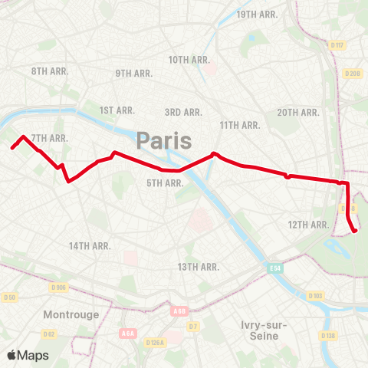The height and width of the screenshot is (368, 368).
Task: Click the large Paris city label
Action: [x=164, y=141]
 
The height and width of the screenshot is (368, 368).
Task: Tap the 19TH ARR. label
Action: [x=257, y=15]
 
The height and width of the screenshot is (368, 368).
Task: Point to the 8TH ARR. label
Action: [x=51, y=71]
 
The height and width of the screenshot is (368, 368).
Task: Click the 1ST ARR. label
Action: [x=118, y=111]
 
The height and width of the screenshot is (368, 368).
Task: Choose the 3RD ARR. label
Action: [x=183, y=112]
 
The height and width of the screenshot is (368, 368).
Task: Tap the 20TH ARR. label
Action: [x=298, y=112]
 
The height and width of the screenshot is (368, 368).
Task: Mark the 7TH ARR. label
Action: [x=51, y=138]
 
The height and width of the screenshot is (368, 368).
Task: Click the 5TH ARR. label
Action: [x=164, y=182]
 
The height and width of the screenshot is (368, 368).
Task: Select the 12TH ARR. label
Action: [x=308, y=225]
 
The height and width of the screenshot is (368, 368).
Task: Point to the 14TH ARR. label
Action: [x=90, y=246]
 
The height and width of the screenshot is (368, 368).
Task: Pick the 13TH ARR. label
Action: [x=199, y=267]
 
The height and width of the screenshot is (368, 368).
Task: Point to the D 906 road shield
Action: [x=58, y=287]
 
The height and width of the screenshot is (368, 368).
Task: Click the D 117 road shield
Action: [x=338, y=45]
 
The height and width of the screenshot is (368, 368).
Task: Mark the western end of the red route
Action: [x=12, y=147]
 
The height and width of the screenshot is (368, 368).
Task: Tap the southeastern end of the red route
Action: [x=354, y=231]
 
